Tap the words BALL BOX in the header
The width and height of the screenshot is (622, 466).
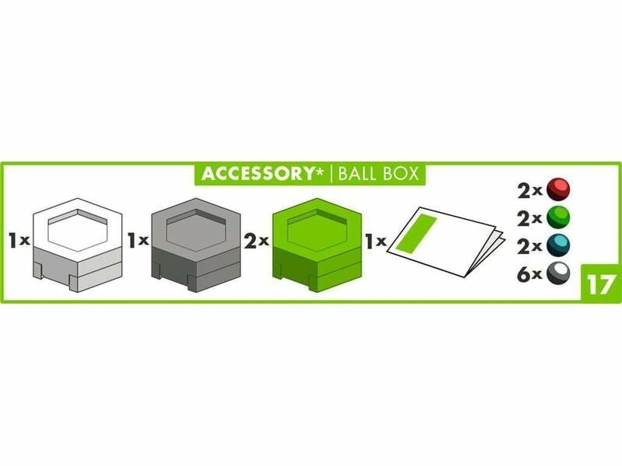pyautogui.click(x=379, y=173)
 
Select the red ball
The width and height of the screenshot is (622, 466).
pyautogui.click(x=558, y=190)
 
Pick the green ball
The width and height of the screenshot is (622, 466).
pyautogui.click(x=558, y=217)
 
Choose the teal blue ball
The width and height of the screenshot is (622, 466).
pyautogui.click(x=558, y=245)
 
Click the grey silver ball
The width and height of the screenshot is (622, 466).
pyautogui.click(x=558, y=273)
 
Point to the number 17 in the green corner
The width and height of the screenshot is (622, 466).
pyautogui.click(x=601, y=284)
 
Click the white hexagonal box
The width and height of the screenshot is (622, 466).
pyautogui.click(x=77, y=245)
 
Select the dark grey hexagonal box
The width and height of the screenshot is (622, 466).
pyautogui.click(x=197, y=245)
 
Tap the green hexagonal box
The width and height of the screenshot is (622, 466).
pyautogui.click(x=316, y=245)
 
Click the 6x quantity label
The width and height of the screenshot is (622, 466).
pyautogui.click(x=529, y=274)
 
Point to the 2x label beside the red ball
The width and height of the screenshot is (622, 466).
pyautogui.click(x=529, y=190)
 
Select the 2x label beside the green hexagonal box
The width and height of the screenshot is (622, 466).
pyautogui.click(x=257, y=241)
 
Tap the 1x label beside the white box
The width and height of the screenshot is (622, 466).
pyautogui.click(x=19, y=240)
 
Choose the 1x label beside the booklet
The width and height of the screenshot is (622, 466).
pyautogui.click(x=376, y=241)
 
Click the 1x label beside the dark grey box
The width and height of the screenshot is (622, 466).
pyautogui.click(x=138, y=240)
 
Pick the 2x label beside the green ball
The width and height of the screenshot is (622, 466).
pyautogui.click(x=529, y=218)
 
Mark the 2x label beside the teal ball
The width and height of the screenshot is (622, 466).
pyautogui.click(x=529, y=246)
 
